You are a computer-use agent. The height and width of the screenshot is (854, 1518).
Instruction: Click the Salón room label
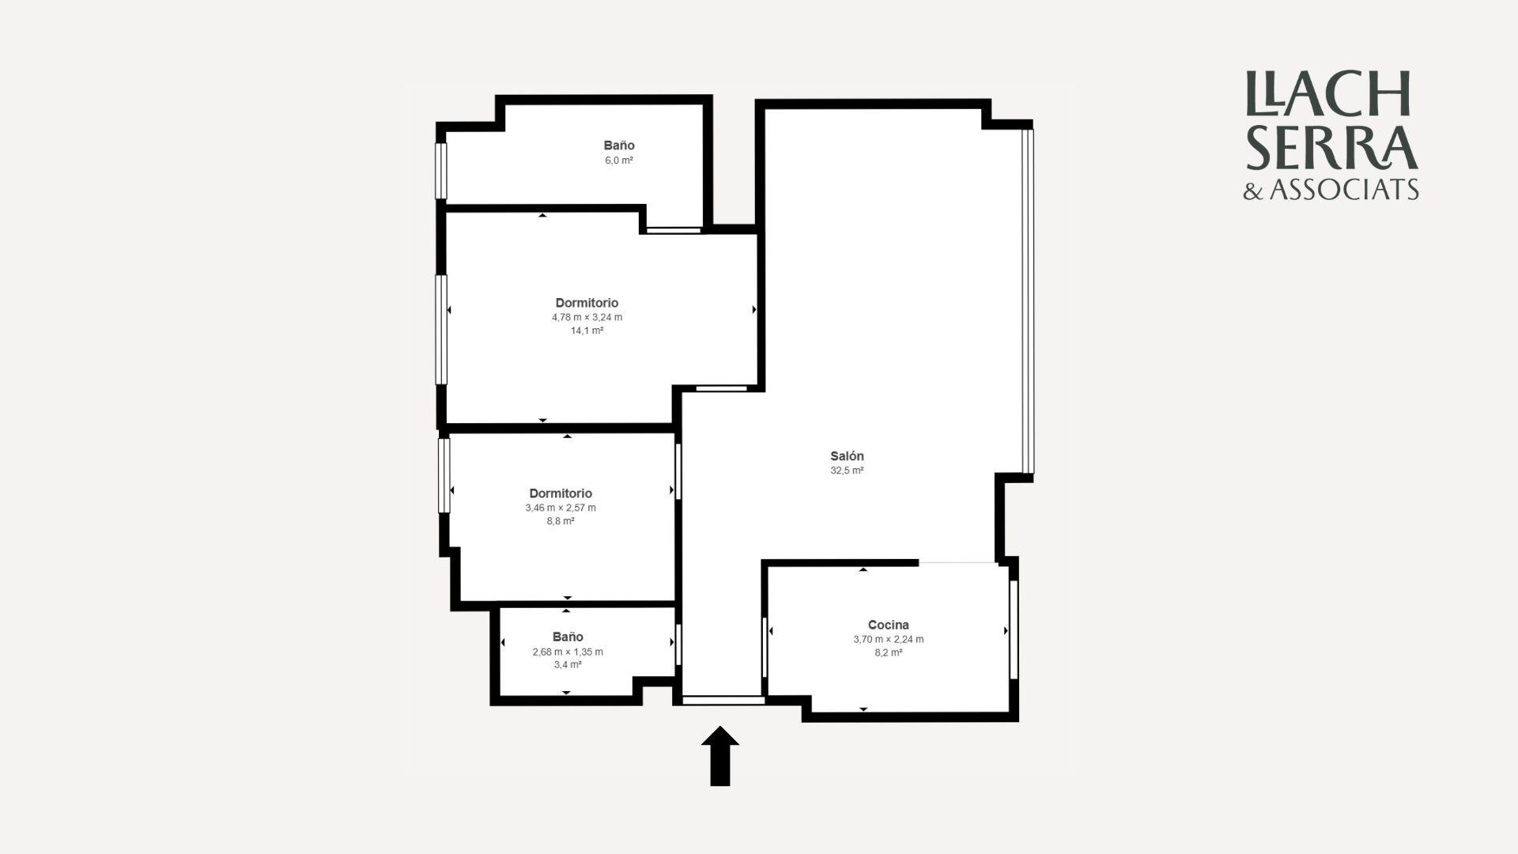pos(847,456)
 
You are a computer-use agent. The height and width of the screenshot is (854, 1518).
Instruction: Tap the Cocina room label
pos(889,625)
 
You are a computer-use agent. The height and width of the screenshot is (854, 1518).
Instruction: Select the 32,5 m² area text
pos(847,470)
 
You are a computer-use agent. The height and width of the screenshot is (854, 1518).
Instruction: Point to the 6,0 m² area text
pos(619,161)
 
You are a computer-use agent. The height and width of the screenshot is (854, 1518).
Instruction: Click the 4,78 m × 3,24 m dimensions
pos(587,317)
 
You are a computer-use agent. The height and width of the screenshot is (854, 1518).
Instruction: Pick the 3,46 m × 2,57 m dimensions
pos(561,508)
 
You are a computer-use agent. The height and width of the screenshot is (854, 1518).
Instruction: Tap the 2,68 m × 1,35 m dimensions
pos(568,652)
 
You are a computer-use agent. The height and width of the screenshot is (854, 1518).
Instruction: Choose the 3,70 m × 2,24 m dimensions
pos(889,639)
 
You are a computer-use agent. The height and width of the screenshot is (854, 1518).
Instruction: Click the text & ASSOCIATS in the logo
pos(1331,190)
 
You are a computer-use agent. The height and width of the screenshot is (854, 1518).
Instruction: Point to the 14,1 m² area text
pos(587,331)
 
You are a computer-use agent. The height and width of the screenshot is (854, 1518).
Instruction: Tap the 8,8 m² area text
pos(561,521)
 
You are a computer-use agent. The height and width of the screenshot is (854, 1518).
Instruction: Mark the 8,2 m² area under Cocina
pos(889,652)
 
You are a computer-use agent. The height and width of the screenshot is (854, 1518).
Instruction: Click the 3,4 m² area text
pos(568,665)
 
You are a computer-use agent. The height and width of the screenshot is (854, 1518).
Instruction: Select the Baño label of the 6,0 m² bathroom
pos(619,145)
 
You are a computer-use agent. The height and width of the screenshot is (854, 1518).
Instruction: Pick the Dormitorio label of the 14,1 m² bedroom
pos(587,303)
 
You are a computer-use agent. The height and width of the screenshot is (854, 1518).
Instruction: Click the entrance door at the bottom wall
pos(723,700)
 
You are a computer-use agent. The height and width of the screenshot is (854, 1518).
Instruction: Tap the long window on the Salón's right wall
pos(1028,301)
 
